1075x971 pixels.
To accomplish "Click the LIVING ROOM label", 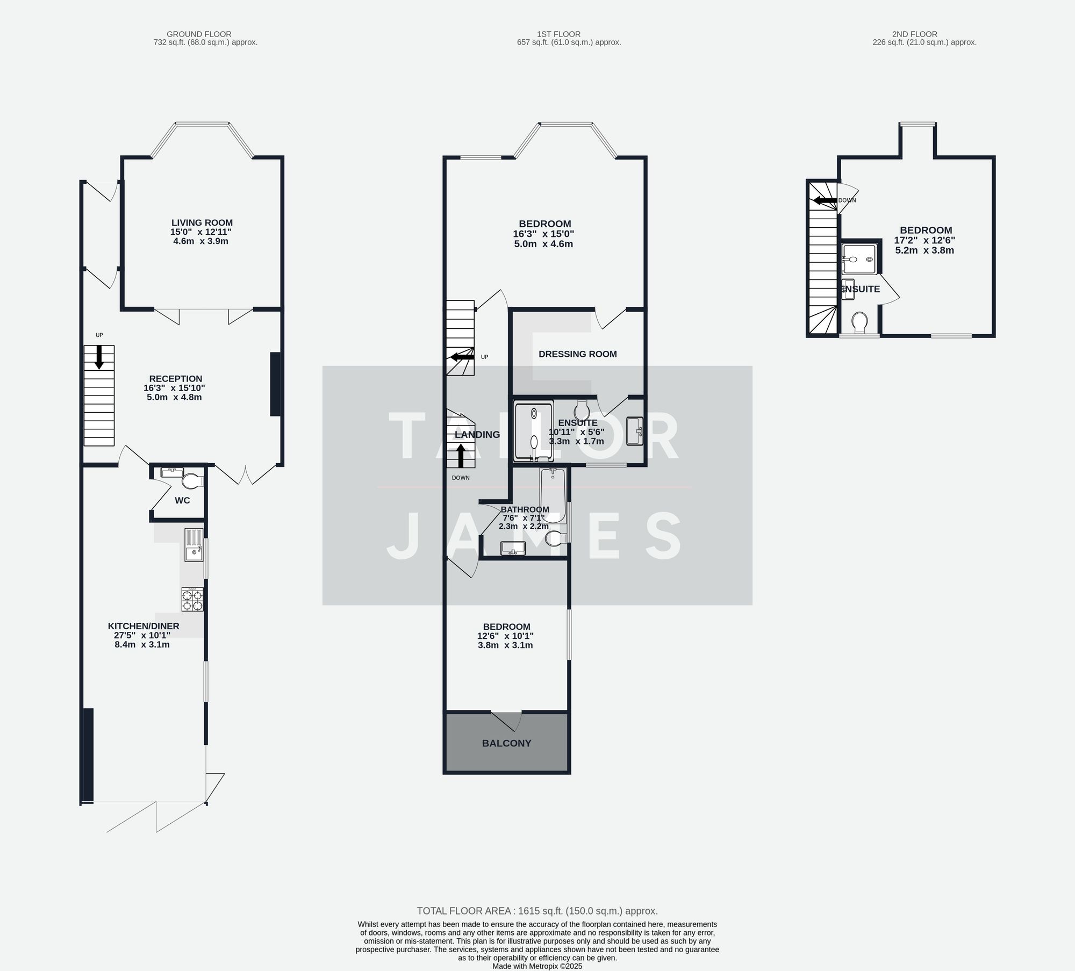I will click(202, 222).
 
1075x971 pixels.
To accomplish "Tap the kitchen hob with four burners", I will click(192, 600).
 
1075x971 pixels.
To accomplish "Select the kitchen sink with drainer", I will click(193, 545).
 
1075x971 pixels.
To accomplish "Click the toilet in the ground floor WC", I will click(190, 480).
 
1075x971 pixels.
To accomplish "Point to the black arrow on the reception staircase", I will click(99, 357).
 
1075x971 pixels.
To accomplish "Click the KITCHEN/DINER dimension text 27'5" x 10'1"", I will click(142, 635).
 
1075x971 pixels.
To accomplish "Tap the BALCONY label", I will click(506, 743).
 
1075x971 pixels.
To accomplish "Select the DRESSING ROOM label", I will click(577, 354).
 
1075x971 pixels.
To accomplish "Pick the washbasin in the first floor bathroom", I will click(513, 548).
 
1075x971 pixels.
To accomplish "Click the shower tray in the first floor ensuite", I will click(533, 431).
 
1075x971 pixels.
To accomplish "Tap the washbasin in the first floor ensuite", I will click(635, 431).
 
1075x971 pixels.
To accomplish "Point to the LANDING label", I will click(477, 435).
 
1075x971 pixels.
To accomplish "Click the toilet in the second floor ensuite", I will click(859, 322).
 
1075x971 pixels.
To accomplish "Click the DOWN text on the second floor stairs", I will click(847, 200).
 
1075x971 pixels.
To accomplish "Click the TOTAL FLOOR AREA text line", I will click(537, 911).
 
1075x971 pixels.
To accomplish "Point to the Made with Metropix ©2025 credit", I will click(537, 966).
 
